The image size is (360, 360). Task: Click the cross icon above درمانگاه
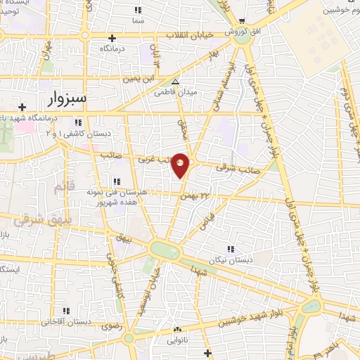point(112,37)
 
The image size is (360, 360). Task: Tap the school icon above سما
point(138,11)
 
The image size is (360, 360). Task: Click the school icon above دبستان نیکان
point(230,248)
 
